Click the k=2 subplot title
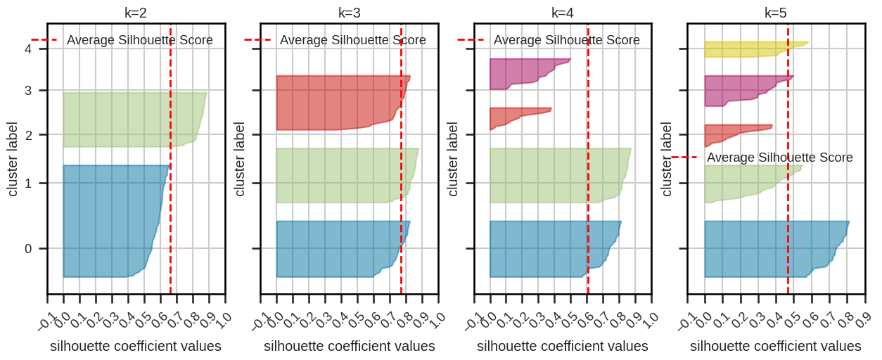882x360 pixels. (x=136, y=13)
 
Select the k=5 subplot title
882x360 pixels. (x=776, y=13)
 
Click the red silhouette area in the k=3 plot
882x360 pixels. (x=331, y=102)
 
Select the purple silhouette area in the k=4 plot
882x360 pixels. (x=520, y=73)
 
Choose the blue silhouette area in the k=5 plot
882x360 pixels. (x=760, y=250)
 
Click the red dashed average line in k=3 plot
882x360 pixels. (x=401, y=211)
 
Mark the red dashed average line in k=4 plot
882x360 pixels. (x=588, y=211)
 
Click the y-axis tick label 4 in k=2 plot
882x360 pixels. (x=27, y=49)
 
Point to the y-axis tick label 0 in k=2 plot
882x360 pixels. (x=27, y=248)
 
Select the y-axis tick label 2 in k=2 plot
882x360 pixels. (x=27, y=134)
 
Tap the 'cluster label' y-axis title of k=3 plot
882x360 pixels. (x=240, y=160)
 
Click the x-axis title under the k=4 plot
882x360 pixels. (x=563, y=346)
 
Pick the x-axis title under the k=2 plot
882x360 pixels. (x=136, y=346)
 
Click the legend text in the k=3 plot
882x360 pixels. (x=353, y=40)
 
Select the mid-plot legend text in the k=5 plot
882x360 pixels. (x=780, y=157)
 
